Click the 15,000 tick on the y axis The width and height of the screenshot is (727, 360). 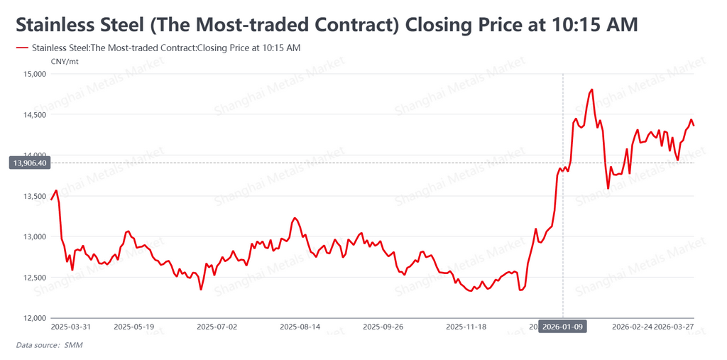click(x=33, y=74)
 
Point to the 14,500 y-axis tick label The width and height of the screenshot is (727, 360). click(x=33, y=114)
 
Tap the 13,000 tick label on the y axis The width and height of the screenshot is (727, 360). click(x=33, y=236)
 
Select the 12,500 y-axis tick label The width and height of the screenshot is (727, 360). click(x=33, y=278)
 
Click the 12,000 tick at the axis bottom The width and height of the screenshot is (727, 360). click(x=33, y=318)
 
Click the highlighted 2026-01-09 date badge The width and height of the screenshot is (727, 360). click(x=563, y=327)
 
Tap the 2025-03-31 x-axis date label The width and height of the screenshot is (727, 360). click(x=71, y=327)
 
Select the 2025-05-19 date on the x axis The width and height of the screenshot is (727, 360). click(x=133, y=327)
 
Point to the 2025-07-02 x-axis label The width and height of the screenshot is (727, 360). click(x=217, y=327)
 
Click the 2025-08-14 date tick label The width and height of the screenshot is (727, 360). click(x=300, y=327)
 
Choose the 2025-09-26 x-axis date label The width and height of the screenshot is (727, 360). click(x=383, y=327)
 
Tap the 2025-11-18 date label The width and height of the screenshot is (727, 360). click(x=466, y=327)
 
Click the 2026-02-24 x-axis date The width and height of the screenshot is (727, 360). click(x=631, y=327)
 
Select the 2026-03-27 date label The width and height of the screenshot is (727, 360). click(x=674, y=327)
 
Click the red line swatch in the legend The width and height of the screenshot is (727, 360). click(x=21, y=48)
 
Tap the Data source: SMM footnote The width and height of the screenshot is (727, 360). click(x=49, y=345)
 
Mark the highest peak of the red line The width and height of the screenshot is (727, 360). click(x=591, y=90)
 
